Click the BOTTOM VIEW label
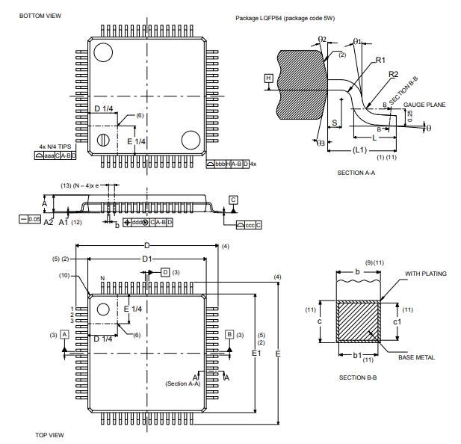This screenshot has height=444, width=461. click(x=40, y=15)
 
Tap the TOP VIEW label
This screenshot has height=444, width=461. click(x=50, y=434)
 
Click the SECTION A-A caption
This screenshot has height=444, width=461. click(x=356, y=173)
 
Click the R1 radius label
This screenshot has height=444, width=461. click(x=380, y=60)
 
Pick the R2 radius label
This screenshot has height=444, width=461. click(x=393, y=73)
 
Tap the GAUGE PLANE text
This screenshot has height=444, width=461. click(x=425, y=105)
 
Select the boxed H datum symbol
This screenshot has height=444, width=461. click(x=268, y=77)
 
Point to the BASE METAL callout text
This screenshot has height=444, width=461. click(x=416, y=357)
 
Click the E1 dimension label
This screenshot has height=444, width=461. click(x=256, y=351)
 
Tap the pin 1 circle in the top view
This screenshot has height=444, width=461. click(x=104, y=309)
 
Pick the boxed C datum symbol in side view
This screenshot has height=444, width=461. click(x=233, y=200)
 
